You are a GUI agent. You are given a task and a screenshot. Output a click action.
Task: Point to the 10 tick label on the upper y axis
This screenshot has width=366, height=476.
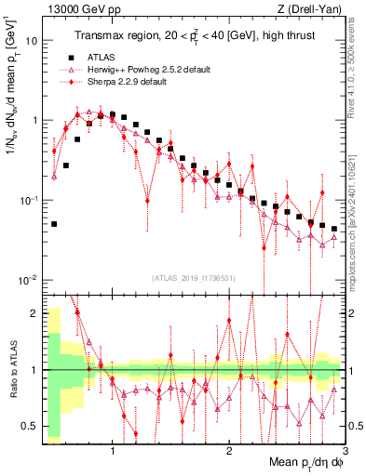click(31, 41)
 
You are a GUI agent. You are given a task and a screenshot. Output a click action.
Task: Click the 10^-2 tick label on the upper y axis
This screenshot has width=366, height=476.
click(28, 280)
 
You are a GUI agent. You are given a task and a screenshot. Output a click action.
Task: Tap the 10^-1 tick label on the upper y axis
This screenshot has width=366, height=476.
click(28, 200)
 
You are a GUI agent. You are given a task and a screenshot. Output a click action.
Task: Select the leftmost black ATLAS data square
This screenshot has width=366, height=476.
click(54, 224)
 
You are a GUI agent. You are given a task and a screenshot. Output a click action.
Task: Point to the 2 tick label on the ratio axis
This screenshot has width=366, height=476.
click(34, 313)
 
